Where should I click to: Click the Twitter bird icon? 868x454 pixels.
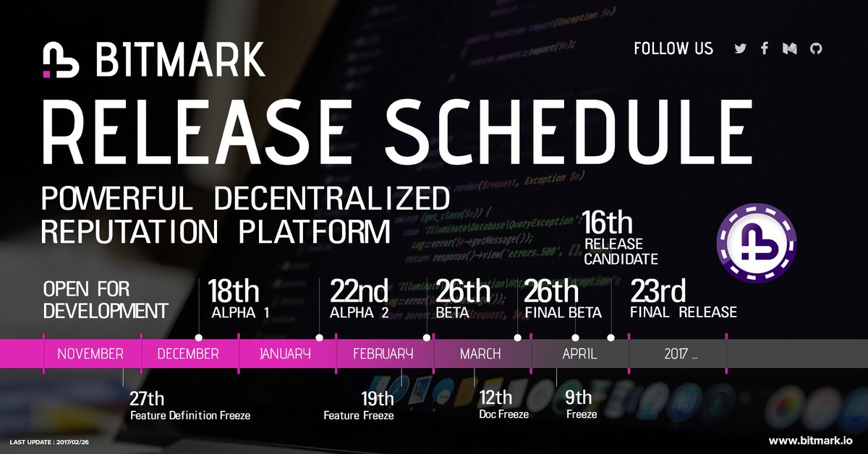point(740,49)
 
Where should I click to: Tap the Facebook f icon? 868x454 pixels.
point(764,49)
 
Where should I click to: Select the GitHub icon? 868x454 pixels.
point(816,49)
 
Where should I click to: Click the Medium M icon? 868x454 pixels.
point(790,49)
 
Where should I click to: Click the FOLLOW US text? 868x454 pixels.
point(673,49)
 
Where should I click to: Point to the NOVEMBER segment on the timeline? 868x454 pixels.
point(91,354)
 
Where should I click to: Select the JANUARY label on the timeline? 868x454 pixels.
point(286,354)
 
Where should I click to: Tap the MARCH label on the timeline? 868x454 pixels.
point(480,354)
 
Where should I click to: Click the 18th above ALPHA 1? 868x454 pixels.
point(233,292)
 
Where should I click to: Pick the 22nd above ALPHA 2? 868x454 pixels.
point(359,292)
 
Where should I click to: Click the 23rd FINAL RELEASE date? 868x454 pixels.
point(658,292)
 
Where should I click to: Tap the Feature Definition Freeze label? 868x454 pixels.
point(190,416)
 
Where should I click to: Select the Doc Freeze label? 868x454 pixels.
point(503,414)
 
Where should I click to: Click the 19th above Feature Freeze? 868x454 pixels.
point(377,398)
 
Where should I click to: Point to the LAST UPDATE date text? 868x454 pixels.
point(51,441)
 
